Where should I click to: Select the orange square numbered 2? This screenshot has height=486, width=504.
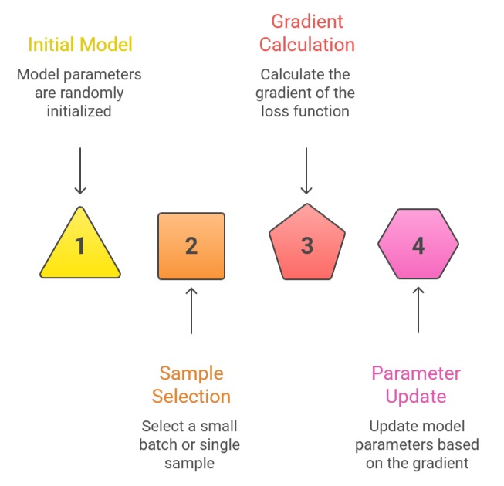click(x=191, y=246)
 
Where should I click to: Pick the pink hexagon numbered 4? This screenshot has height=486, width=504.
click(x=418, y=246)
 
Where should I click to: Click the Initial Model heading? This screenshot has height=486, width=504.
click(x=80, y=44)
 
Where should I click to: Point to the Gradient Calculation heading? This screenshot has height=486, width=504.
click(x=306, y=32)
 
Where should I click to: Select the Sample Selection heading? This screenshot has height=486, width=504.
click(x=191, y=385)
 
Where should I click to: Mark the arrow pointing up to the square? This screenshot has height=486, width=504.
click(x=191, y=310)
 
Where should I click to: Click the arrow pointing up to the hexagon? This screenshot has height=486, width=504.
click(x=418, y=310)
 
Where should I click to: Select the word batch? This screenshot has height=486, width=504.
click(x=158, y=444)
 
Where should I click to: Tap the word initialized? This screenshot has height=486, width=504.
click(x=80, y=111)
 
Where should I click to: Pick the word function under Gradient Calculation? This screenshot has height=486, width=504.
click(x=324, y=111)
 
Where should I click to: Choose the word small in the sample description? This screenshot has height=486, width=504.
click(x=218, y=426)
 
